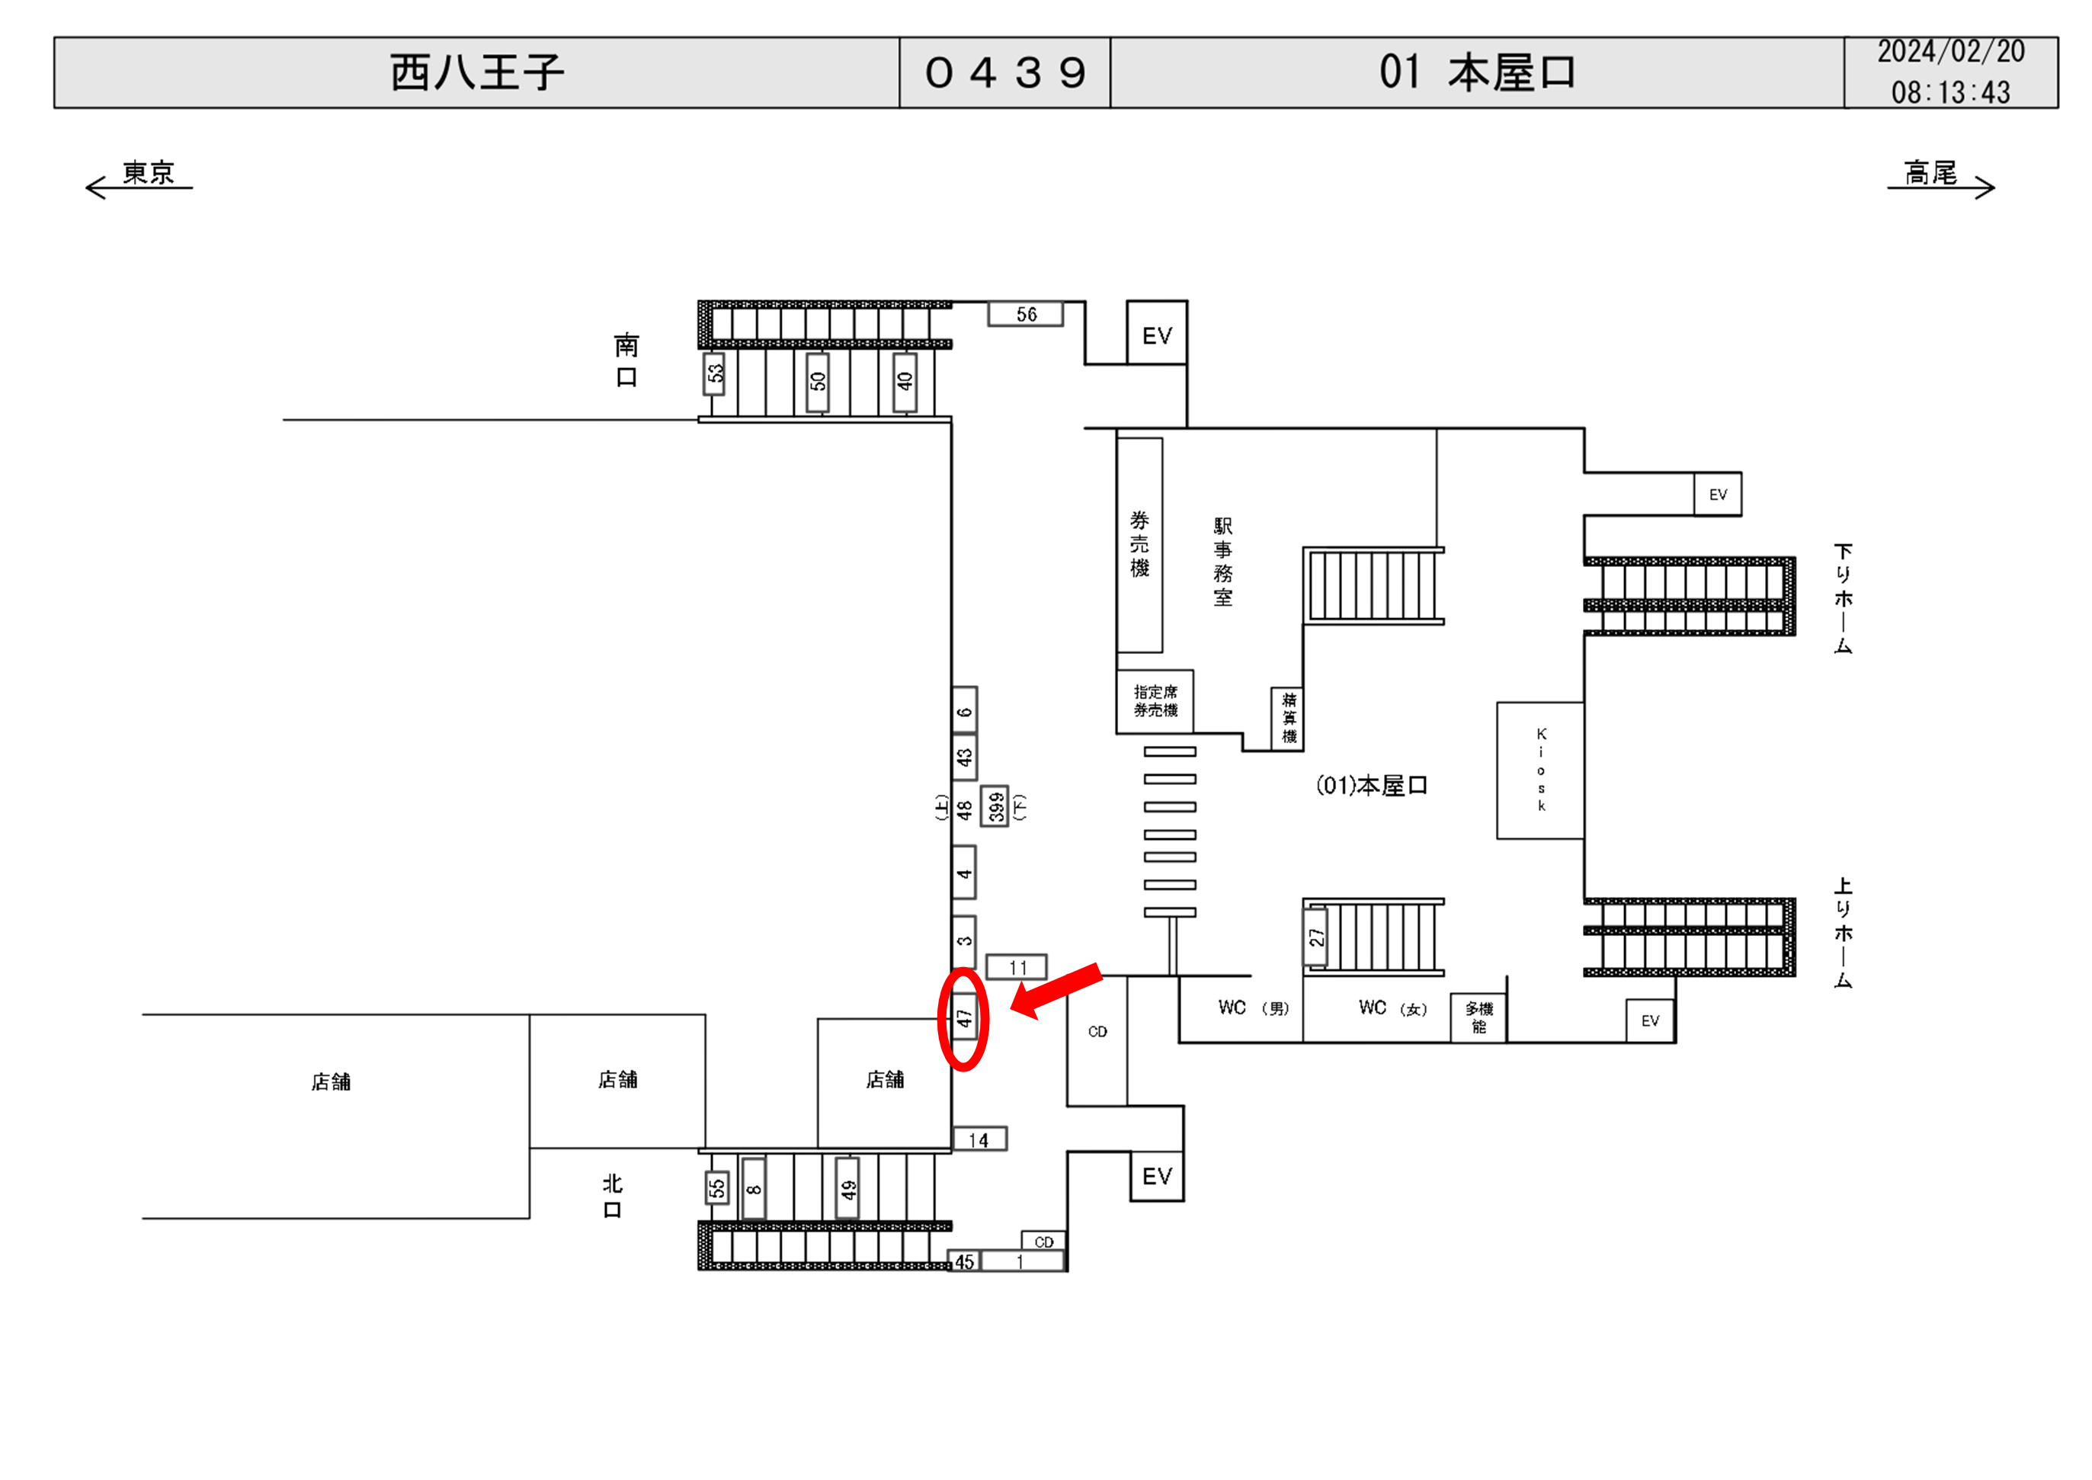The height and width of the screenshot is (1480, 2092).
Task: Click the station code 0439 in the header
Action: (x=1005, y=73)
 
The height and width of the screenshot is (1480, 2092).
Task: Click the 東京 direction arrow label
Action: (x=148, y=173)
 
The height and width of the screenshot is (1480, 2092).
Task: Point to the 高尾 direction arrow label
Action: (x=1930, y=173)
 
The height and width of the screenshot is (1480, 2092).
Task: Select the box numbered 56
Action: (x=1026, y=315)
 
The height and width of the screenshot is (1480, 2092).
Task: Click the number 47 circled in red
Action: (x=964, y=1019)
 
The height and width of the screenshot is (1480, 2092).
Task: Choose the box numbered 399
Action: (x=995, y=806)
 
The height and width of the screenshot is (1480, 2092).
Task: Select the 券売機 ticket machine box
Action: (x=1140, y=544)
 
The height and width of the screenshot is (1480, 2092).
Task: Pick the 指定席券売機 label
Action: (x=1155, y=701)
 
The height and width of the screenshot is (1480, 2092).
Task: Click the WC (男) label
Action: (x=1253, y=1008)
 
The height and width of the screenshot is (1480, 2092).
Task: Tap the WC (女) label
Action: (x=1392, y=1008)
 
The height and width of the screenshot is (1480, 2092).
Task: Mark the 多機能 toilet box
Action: (x=1478, y=1017)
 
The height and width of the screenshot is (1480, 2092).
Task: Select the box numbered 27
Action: (x=1315, y=937)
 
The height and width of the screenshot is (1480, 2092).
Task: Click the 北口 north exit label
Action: (x=612, y=1196)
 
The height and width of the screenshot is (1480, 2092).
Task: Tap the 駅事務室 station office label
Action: (x=1222, y=562)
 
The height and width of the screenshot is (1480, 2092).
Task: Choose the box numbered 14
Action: (x=979, y=1140)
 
